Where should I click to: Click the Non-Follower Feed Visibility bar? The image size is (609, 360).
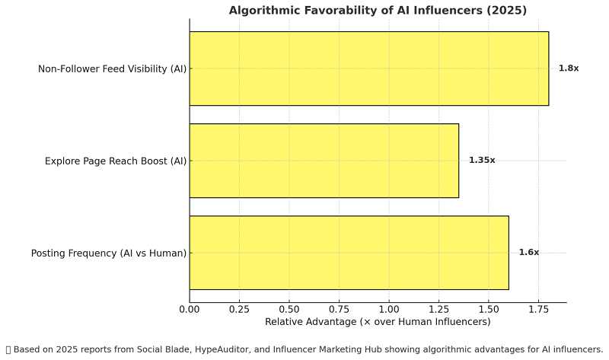click(368, 68)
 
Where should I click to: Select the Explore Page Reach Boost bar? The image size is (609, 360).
click(324, 161)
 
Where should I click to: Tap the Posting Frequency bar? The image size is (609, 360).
click(349, 253)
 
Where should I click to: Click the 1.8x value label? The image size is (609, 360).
click(569, 68)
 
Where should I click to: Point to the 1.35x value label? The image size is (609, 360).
click(482, 161)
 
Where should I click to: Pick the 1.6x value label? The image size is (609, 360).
click(528, 253)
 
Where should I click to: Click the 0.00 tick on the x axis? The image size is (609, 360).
click(190, 309)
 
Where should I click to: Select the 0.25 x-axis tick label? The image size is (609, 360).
click(240, 309)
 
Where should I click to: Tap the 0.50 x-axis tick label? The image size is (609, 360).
click(289, 309)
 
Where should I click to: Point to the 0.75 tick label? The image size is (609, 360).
click(340, 309)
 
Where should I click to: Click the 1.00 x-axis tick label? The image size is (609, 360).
click(389, 309)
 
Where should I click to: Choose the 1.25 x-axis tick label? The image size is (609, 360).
click(439, 309)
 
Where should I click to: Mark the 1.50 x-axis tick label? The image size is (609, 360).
click(489, 309)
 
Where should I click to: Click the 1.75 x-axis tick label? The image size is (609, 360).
click(539, 309)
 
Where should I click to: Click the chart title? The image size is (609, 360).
click(378, 10)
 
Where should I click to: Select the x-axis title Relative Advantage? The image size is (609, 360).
click(378, 322)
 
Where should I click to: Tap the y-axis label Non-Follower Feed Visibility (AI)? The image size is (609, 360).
click(112, 69)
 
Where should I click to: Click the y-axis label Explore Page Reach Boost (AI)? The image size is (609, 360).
click(115, 161)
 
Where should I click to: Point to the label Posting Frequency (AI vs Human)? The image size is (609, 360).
click(108, 253)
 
